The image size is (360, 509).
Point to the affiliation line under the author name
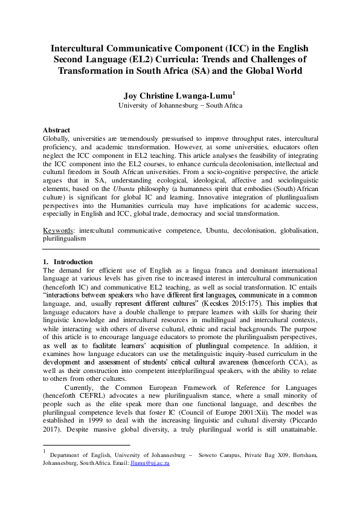180,105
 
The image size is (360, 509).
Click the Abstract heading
56,130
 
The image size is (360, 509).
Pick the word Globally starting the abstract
56,138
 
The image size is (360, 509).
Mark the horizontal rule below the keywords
180,249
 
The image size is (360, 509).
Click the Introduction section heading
72,261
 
